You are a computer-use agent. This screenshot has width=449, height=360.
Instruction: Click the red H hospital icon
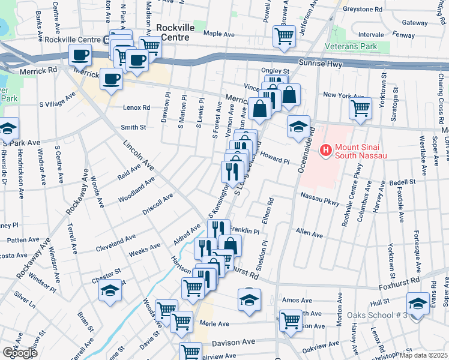325,149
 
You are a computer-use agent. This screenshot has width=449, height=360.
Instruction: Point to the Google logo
19,352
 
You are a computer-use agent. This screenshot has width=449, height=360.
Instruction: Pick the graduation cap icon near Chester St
110,291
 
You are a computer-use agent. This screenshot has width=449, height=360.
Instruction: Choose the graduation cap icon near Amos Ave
249,299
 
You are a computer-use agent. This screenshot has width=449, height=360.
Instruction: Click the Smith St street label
133,127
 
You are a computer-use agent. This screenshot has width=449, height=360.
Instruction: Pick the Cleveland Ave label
115,243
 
